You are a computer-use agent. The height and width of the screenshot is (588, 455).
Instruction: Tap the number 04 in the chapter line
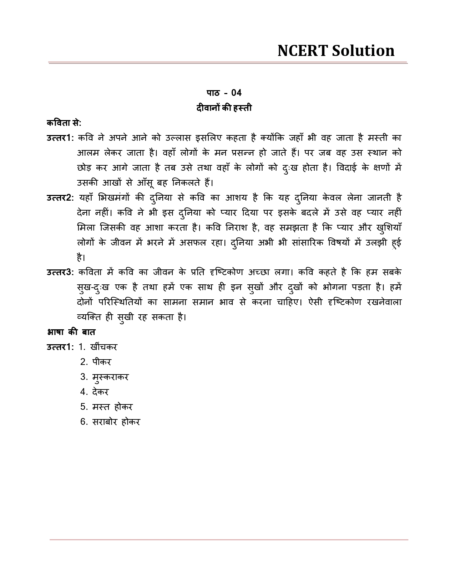[x=237, y=93]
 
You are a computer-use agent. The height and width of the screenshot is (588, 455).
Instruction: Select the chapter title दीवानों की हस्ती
[x=224, y=108]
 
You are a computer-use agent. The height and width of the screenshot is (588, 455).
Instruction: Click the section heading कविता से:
[x=64, y=123]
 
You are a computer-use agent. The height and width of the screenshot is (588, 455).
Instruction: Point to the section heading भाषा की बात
[x=71, y=332]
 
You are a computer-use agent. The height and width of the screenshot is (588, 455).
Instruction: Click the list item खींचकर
[x=104, y=347]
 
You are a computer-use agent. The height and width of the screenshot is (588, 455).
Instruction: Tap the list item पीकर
[x=102, y=362]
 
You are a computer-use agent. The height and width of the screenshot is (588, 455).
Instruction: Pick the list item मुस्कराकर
[x=110, y=377]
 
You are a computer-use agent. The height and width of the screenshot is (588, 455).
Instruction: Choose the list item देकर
[x=100, y=392]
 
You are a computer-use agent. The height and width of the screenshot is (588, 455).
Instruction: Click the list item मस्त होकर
[x=112, y=407]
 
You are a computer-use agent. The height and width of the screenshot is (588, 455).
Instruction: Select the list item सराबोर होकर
[x=116, y=422]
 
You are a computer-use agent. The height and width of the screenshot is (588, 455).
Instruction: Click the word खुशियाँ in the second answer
[x=389, y=228]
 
